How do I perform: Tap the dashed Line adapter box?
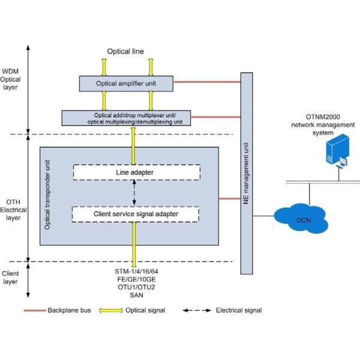coord(136,172)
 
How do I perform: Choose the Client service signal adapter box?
coord(136,213)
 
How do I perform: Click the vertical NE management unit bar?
coord(246,180)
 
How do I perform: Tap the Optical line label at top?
coord(125,52)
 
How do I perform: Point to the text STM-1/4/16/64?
coord(136,272)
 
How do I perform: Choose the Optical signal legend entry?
coord(142,310)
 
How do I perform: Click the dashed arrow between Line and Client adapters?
coord(134,193)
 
